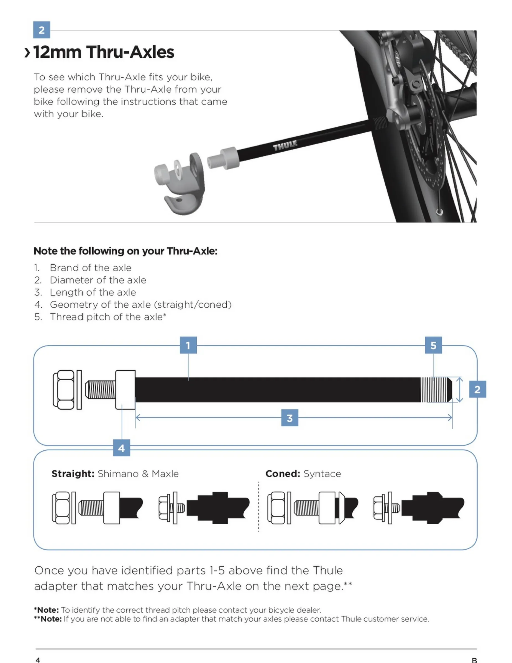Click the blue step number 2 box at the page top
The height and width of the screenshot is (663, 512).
click(x=42, y=30)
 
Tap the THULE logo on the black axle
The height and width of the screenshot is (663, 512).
click(x=285, y=146)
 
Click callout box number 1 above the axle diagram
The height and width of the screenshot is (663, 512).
click(x=188, y=345)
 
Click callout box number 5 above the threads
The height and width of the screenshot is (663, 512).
click(x=433, y=345)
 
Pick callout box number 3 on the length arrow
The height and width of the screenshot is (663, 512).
click(x=290, y=418)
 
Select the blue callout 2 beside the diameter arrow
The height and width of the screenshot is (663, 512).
click(x=477, y=389)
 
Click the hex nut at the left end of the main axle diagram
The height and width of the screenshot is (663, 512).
click(x=64, y=390)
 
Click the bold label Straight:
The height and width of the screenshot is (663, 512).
click(x=73, y=474)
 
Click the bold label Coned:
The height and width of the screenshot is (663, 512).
click(x=283, y=474)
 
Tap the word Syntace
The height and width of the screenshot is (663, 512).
click(x=322, y=474)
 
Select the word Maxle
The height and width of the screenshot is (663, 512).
click(x=165, y=474)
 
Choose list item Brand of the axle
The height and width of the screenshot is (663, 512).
click(x=90, y=268)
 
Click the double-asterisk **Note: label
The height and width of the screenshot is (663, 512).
click(x=48, y=619)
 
